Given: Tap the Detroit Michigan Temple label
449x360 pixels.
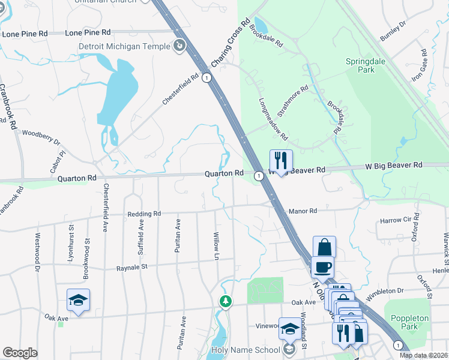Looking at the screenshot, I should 124,46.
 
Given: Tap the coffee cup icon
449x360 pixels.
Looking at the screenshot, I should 322,267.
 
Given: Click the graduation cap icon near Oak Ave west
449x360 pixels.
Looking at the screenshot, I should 78,299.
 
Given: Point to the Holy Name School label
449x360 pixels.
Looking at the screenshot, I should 246,350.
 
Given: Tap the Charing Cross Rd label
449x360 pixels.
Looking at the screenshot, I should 231,43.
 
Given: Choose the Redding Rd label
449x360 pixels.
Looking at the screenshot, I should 144,214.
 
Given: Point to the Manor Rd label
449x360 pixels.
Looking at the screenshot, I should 302,211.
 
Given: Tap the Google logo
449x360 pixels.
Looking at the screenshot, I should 20,353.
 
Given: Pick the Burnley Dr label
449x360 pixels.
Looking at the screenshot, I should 393,31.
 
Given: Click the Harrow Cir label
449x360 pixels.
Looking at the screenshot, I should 395,221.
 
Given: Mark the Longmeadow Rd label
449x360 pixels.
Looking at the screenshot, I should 273,119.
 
